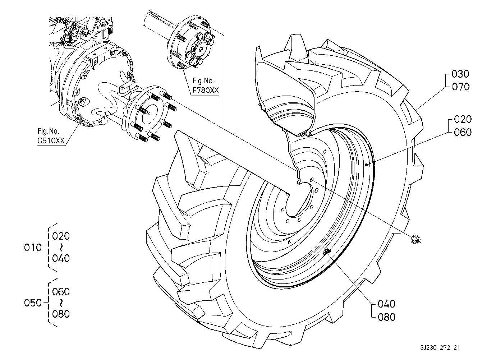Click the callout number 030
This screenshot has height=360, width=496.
(460, 74)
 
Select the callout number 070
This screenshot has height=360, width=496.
(460, 87)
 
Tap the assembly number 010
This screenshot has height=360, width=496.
(33, 248)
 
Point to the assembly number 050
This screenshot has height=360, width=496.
(33, 303)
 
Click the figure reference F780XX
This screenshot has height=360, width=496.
(206, 91)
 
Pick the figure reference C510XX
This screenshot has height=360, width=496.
(51, 141)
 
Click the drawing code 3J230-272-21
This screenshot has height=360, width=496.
(440, 348)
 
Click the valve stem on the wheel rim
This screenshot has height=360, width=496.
(327, 252)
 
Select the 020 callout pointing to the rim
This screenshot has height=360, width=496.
(463, 119)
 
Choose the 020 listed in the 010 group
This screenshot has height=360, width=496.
(61, 236)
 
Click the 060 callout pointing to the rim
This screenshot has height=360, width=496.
(463, 132)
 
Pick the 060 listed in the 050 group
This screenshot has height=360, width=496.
(61, 291)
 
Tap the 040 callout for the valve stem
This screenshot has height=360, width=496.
(386, 304)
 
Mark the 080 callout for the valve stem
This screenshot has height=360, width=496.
(386, 317)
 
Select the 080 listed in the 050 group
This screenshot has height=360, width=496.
(61, 314)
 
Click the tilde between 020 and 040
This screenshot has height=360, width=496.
(61, 247)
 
